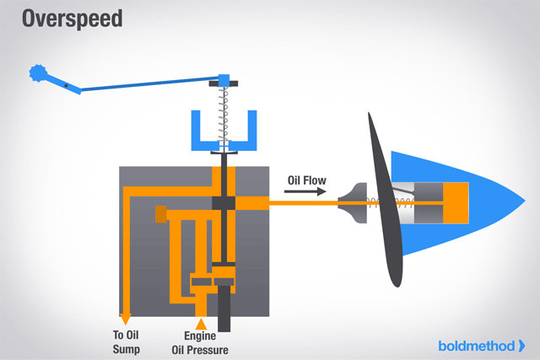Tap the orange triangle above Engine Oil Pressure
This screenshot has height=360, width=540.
[201, 323]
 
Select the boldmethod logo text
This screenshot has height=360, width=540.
[476, 345]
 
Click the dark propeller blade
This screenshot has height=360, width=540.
[384, 202]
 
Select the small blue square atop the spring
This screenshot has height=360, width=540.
[224, 80]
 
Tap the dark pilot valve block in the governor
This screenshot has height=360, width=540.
[224, 203]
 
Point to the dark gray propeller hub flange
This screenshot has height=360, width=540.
[352, 203]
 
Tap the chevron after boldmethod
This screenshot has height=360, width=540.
[521, 345]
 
